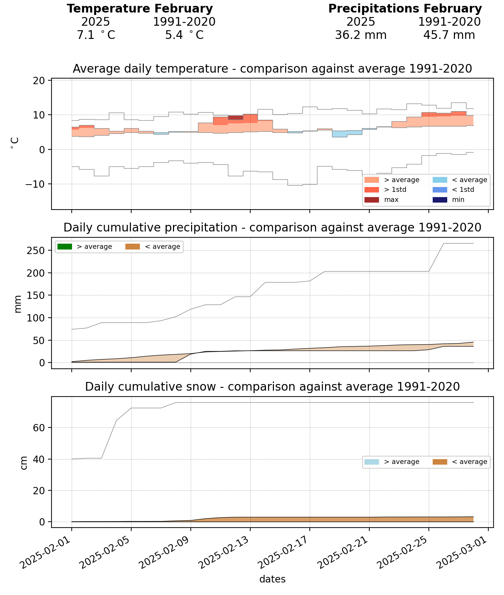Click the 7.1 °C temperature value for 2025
point(96,35)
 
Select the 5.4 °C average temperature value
point(184,35)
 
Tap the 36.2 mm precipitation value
point(361,35)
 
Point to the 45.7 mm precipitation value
point(449,35)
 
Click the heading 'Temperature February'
point(140,9)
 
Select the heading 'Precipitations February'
point(405,9)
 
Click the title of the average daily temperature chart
point(272,69)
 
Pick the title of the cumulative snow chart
point(272,386)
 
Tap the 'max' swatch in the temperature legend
point(371,200)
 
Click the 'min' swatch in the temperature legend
point(439,200)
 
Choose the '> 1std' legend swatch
point(371,190)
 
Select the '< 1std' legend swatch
point(439,190)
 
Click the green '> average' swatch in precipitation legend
point(65,247)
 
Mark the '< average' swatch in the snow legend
point(439,462)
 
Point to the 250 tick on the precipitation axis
point(36,251)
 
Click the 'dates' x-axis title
point(272,579)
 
